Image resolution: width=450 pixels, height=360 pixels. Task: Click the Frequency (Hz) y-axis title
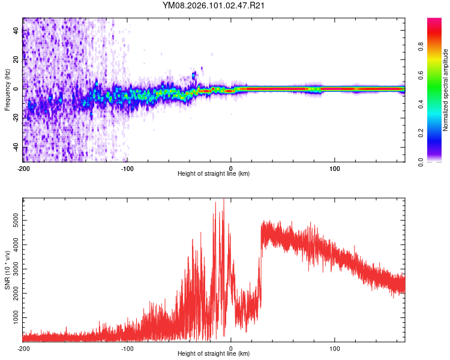click(x=7, y=90)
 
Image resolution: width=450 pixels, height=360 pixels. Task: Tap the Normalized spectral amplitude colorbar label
click(x=446, y=90)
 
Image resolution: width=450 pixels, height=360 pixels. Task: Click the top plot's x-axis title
click(x=214, y=174)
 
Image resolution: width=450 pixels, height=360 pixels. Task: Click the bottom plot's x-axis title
click(x=214, y=354)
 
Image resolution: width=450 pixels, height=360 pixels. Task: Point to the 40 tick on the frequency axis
click(x=16, y=31)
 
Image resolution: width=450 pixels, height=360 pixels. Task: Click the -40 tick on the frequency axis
click(x=16, y=148)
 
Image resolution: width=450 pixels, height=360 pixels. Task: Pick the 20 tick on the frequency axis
click(x=16, y=61)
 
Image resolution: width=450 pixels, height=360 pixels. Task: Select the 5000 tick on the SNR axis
click(x=16, y=221)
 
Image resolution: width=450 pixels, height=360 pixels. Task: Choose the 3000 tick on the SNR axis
click(x=16, y=268)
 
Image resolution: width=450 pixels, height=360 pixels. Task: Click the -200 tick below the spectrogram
click(x=23, y=168)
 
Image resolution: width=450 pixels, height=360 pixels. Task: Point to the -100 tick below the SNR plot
click(x=127, y=348)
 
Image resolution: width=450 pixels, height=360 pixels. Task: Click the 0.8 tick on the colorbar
click(x=422, y=47)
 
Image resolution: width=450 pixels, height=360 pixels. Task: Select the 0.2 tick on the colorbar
click(x=422, y=133)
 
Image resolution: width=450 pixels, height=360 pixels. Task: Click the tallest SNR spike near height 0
click(x=224, y=200)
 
